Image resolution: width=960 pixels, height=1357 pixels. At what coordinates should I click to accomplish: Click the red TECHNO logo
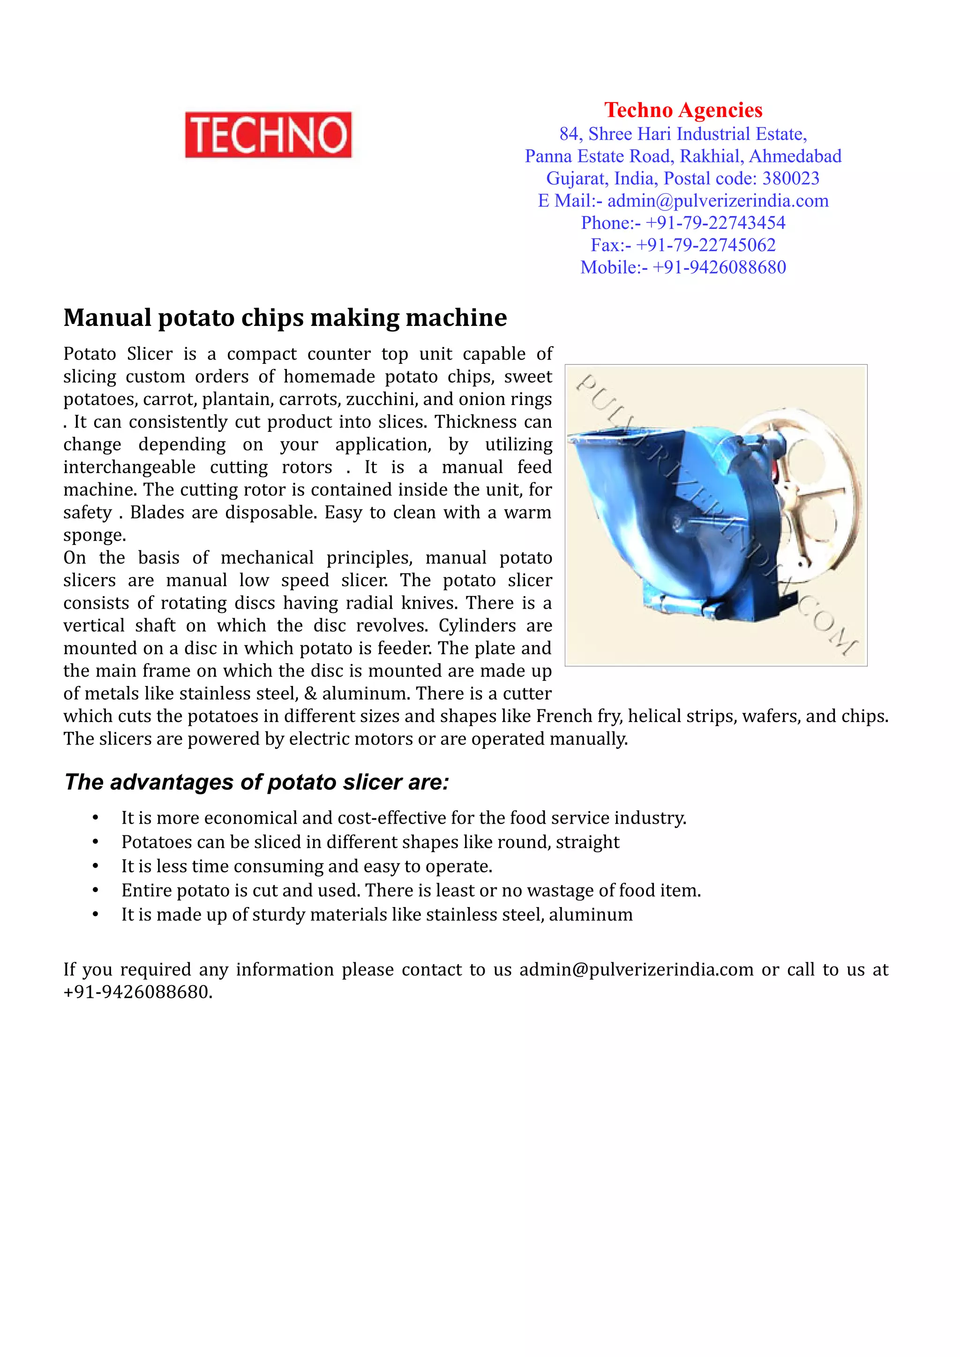[x=268, y=135]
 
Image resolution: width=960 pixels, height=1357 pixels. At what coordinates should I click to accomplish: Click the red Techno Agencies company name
[x=682, y=110]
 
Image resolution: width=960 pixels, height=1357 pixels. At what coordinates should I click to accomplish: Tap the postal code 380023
[x=790, y=178]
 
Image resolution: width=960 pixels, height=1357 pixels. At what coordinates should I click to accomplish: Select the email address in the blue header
[x=718, y=201]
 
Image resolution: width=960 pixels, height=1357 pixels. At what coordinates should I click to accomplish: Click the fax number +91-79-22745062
[x=705, y=245]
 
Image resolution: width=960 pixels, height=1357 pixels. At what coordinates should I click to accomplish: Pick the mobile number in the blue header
[x=719, y=268]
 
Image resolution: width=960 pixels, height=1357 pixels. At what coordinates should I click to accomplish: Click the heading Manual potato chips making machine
[x=285, y=318]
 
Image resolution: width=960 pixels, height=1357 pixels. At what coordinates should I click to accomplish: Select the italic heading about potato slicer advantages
[x=257, y=782]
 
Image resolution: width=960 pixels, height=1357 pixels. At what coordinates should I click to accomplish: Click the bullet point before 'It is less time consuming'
[x=95, y=866]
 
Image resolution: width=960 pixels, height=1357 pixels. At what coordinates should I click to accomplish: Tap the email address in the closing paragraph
[x=636, y=970]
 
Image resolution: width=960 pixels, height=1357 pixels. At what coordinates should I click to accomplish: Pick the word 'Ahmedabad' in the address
[x=795, y=156]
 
